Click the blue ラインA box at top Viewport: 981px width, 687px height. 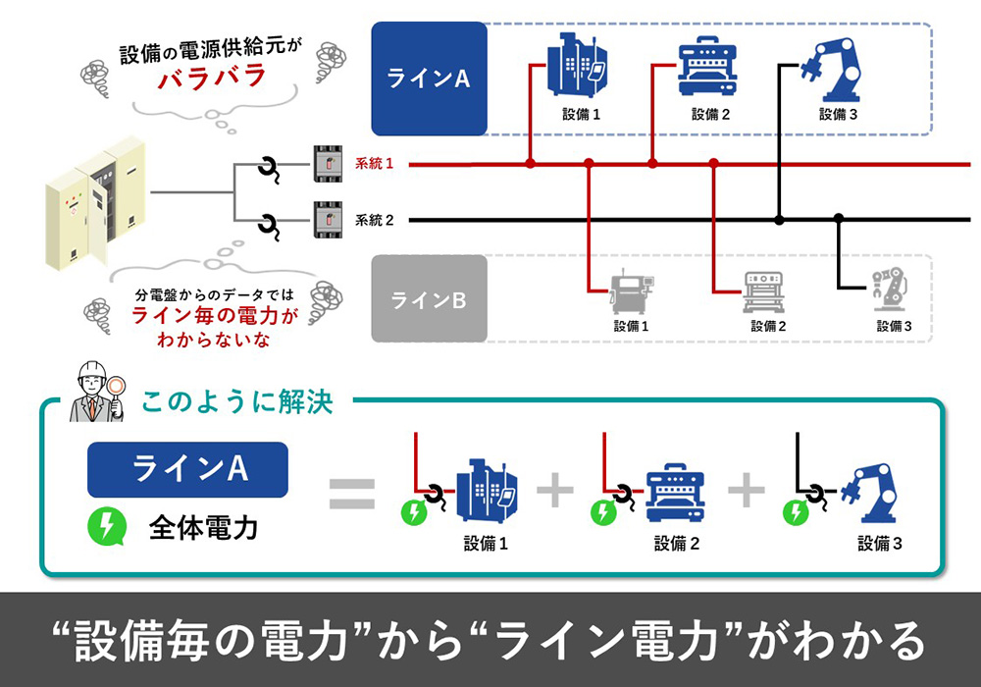(429, 79)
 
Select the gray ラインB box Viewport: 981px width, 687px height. (429, 299)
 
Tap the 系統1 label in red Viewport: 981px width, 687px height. (374, 164)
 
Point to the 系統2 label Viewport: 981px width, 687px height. (374, 220)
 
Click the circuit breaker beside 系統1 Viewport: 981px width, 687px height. (327, 164)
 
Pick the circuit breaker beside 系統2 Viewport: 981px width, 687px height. (327, 220)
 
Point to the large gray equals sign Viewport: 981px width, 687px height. (351, 494)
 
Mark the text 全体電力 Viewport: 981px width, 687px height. (203, 528)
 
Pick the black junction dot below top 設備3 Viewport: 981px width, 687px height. (780, 220)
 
